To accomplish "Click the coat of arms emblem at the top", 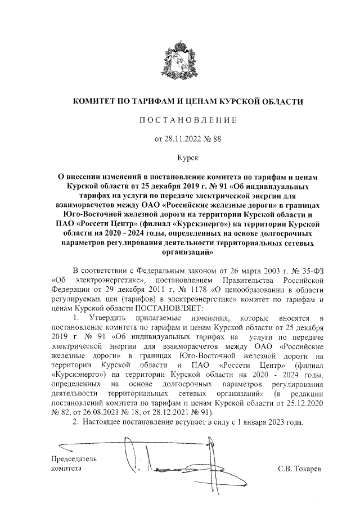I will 180,62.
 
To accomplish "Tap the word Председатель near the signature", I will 74,459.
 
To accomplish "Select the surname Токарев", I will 307,468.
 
